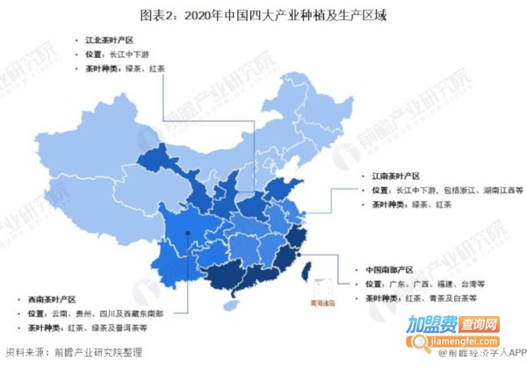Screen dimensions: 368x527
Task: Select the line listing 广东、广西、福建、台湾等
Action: (x=424, y=284)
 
